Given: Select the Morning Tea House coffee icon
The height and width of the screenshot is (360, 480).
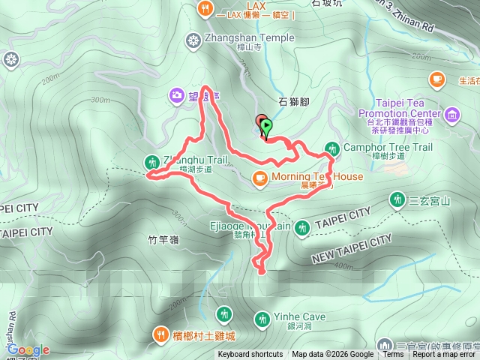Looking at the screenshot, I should coord(259,178).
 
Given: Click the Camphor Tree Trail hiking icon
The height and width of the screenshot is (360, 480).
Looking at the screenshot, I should coord(332,148).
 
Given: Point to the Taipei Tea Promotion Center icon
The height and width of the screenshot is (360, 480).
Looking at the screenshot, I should coord(452,114).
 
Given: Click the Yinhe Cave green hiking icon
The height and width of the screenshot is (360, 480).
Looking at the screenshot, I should coord(262,318).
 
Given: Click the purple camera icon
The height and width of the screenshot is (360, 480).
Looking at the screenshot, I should coord(176,94).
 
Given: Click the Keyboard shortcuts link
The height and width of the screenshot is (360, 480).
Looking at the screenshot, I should coord(250,355).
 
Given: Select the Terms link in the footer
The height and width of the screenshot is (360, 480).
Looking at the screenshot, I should coord(392,355).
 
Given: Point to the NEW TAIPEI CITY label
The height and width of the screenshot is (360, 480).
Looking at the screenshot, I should coord(353,247).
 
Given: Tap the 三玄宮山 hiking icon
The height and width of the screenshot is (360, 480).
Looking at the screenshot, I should coord(397,199).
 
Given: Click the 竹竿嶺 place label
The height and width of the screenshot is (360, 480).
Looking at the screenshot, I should coord(163,240).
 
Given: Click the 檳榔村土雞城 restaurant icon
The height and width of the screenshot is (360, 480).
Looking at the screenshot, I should coord(160,334).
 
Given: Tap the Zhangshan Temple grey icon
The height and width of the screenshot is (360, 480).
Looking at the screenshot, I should coord(195,39).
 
